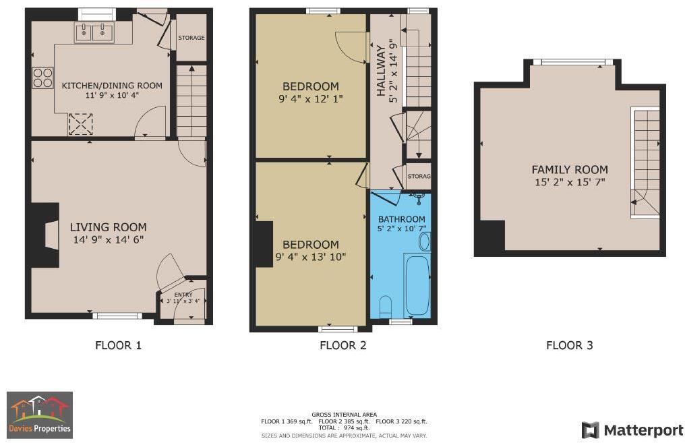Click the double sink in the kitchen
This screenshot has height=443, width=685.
click(x=94, y=31)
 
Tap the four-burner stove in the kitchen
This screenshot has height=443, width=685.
click(x=42, y=78)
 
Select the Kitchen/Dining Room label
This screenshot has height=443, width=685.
click(x=112, y=86)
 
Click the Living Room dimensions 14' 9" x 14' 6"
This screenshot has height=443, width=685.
click(x=108, y=239)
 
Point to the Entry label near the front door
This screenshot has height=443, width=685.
click(x=183, y=295)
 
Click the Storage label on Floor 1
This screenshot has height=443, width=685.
click(x=191, y=38)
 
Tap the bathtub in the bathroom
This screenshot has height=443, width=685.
click(x=417, y=284)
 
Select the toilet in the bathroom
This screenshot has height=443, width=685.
click(x=386, y=306)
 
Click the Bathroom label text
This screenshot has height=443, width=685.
click(x=401, y=219)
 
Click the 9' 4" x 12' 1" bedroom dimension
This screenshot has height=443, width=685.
click(x=310, y=99)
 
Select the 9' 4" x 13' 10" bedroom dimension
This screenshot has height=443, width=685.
click(x=310, y=257)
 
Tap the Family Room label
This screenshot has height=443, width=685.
click(x=570, y=170)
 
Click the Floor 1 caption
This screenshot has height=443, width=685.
click(x=118, y=345)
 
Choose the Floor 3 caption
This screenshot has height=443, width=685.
click(x=569, y=345)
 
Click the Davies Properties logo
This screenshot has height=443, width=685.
click(x=40, y=415)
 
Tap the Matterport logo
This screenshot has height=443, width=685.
click(x=632, y=430)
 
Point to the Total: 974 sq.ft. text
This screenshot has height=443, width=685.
click(x=344, y=428)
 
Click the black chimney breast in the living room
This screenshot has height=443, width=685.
click(x=40, y=237)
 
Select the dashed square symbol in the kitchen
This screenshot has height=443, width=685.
click(x=81, y=124)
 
